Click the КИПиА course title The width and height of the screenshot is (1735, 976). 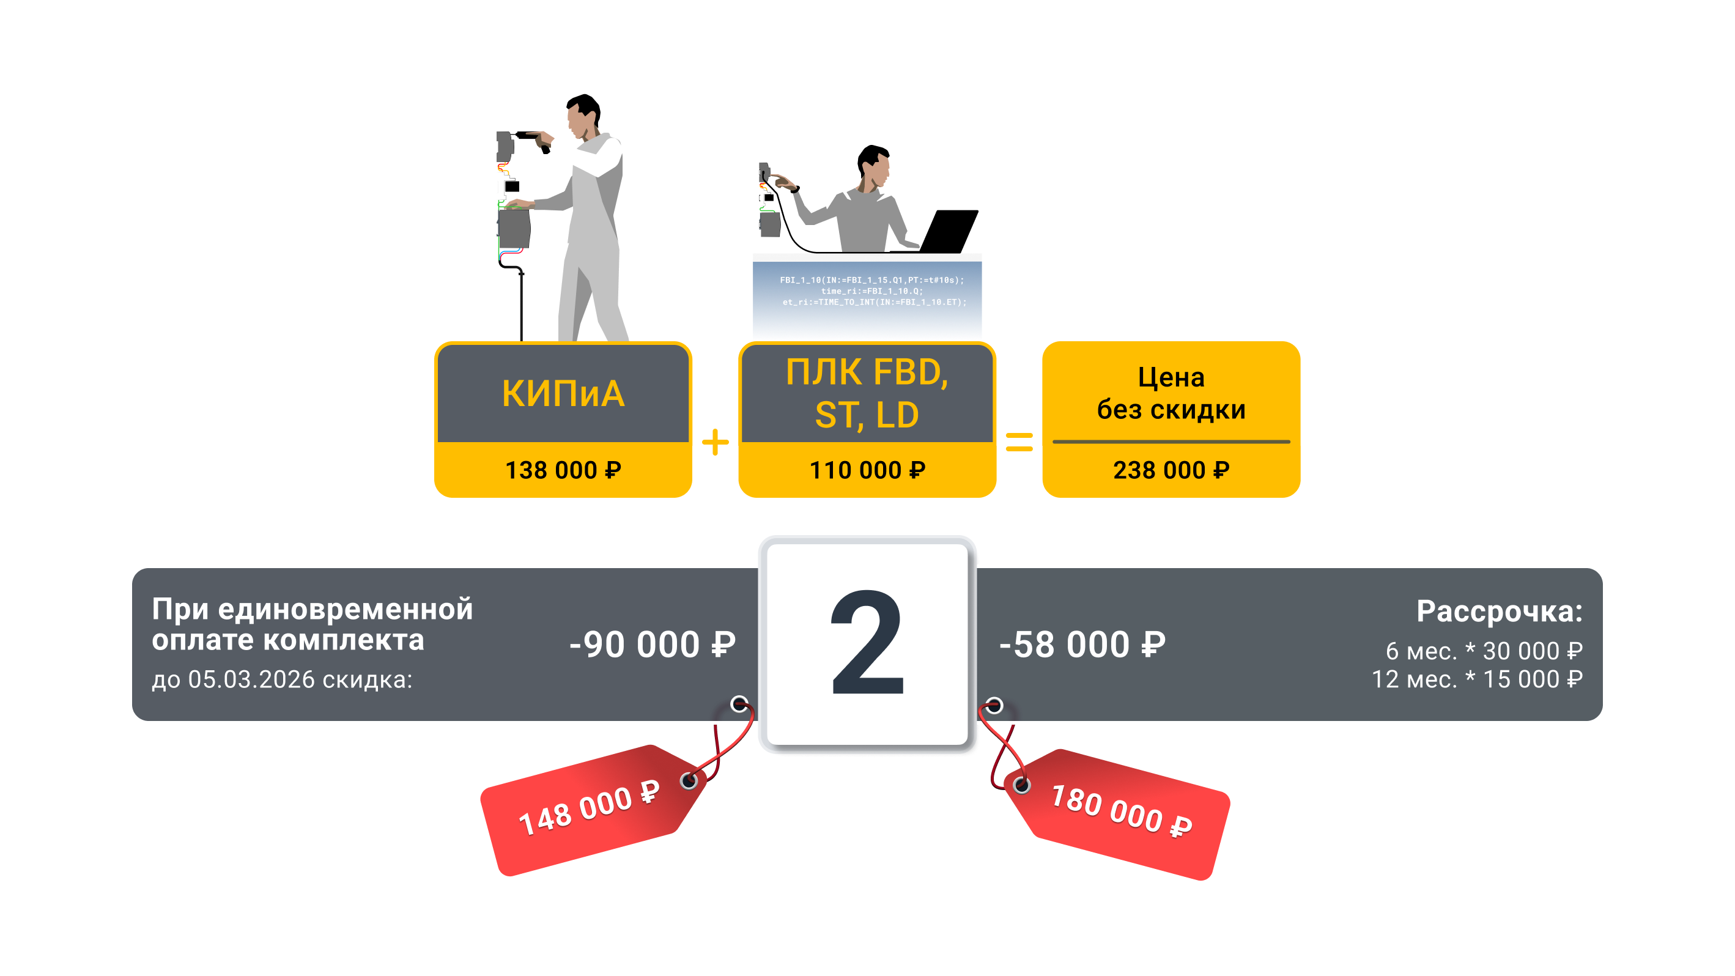pos(563,393)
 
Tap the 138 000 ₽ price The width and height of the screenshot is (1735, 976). pos(563,470)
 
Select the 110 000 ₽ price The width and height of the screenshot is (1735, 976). pos(867,470)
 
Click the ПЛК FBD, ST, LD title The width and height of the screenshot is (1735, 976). pos(867,393)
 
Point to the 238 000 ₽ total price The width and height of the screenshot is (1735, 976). pos(1171,470)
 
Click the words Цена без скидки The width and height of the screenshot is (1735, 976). pos(1171,393)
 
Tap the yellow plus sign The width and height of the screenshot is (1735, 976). pos(716,443)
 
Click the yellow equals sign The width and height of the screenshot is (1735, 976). pos(1019,443)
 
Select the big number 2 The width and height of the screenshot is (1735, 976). pos(867,643)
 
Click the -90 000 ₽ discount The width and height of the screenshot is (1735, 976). pos(652,645)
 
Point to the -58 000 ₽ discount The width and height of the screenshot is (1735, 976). pos(1082,645)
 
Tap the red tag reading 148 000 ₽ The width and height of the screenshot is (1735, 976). pos(590,808)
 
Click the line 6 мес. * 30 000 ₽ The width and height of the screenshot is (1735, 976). pos(1484,651)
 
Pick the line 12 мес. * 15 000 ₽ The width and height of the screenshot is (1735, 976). pos(1477,679)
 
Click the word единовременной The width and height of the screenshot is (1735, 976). pos(345,609)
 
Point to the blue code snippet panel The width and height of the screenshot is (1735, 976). pos(867,297)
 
